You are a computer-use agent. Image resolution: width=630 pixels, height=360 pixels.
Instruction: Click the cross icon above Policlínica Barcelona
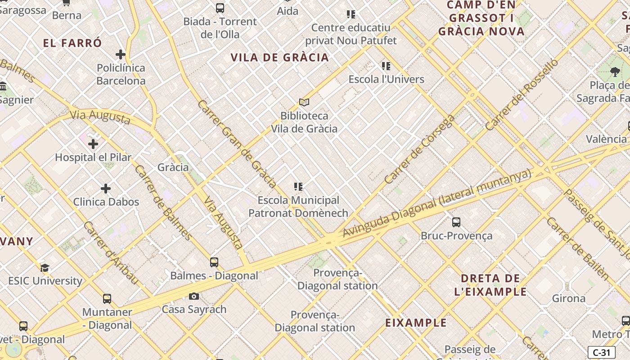point(120,54)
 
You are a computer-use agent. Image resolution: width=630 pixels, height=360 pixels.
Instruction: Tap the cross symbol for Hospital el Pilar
point(93,144)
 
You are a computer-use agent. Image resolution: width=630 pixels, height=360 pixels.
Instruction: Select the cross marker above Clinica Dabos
point(106,188)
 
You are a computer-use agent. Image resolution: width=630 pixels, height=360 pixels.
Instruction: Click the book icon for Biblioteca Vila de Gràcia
point(304,103)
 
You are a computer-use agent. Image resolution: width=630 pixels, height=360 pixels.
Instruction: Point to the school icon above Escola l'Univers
point(386,66)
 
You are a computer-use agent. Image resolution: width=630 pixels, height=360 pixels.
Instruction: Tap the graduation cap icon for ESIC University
point(45,268)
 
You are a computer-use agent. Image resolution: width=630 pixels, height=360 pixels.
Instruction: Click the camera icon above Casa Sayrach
point(194,296)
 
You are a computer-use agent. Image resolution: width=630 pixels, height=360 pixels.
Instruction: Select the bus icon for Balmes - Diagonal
point(214,262)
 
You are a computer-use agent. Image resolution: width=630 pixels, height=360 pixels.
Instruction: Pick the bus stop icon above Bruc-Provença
point(456,222)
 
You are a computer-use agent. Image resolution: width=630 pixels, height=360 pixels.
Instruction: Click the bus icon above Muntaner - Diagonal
point(107,298)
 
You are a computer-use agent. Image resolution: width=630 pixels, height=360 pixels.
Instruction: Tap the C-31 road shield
point(601,352)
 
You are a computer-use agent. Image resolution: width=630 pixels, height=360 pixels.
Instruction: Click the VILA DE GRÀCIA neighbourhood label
point(280,58)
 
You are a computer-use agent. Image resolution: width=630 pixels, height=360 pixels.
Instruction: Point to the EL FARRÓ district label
point(73,43)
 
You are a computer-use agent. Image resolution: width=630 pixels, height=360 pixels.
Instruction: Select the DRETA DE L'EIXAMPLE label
point(490,285)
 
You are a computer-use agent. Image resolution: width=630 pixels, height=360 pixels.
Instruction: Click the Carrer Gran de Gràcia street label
point(237,143)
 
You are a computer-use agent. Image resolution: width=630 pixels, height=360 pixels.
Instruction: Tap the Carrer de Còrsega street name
point(420,149)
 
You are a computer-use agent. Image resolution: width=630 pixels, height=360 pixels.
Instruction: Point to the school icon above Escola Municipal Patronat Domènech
point(298,186)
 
